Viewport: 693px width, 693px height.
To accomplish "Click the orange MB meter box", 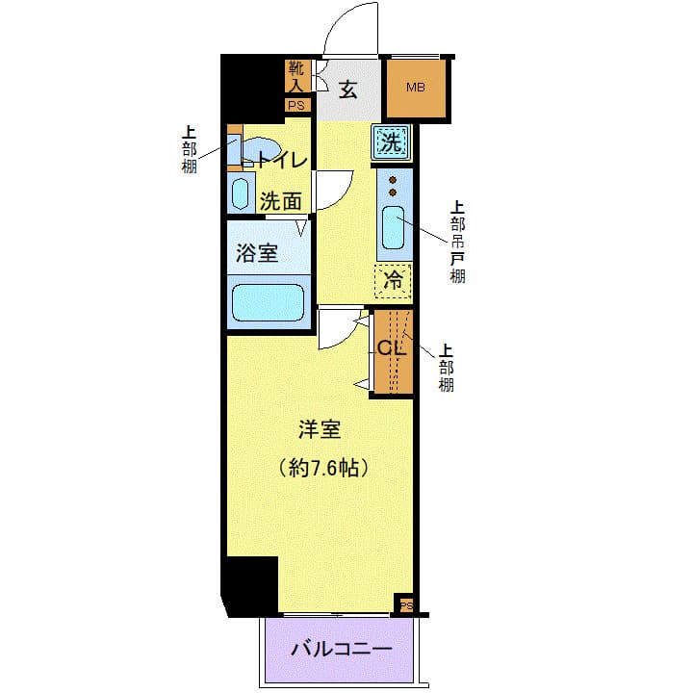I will click(416, 89).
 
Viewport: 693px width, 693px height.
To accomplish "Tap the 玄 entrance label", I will click(348, 90).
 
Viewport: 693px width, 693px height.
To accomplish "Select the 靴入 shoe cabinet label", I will click(295, 78).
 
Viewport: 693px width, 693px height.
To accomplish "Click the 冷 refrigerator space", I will click(393, 281).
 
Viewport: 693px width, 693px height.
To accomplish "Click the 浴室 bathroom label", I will click(257, 253).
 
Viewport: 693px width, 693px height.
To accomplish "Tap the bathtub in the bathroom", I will click(269, 302).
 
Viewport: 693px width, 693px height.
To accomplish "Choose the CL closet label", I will click(391, 348).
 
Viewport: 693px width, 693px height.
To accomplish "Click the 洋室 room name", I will click(319, 430).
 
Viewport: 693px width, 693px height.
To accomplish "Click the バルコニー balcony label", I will click(342, 649).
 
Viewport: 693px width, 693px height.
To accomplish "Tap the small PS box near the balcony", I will click(406, 605).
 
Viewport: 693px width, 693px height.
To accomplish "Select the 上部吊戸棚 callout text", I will click(457, 242).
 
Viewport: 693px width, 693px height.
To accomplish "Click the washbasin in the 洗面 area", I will click(241, 192).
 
